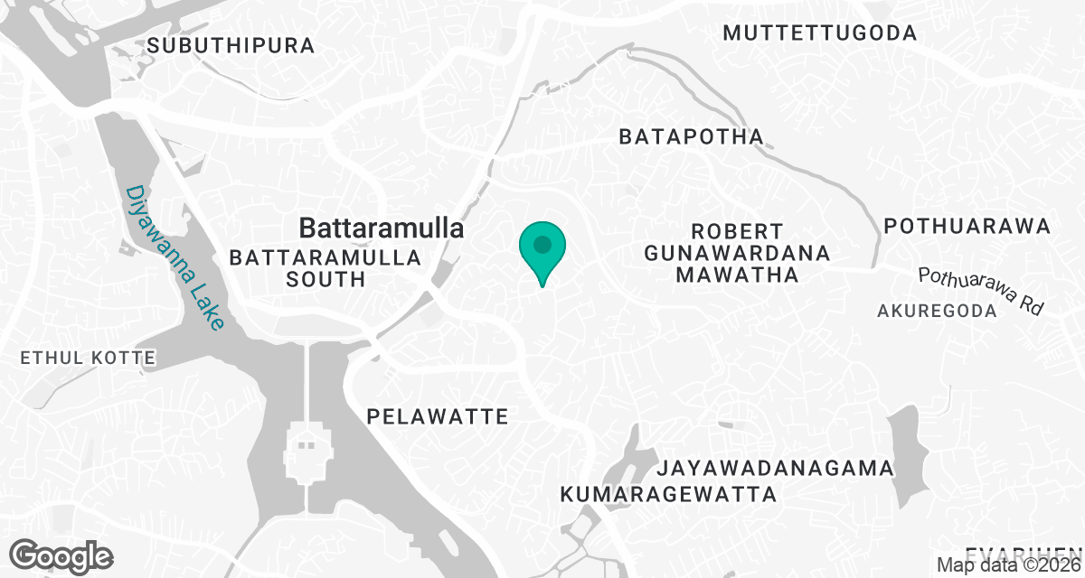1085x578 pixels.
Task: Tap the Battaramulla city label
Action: pyautogui.click(x=382, y=228)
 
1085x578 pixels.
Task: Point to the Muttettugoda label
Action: pyautogui.click(x=820, y=33)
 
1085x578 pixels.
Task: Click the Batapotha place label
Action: pyautogui.click(x=691, y=137)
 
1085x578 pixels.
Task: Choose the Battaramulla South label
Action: pyautogui.click(x=325, y=268)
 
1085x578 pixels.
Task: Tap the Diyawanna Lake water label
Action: pyautogui.click(x=175, y=258)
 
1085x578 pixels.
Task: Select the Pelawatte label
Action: pyautogui.click(x=438, y=416)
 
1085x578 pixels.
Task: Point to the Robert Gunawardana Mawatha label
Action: pyautogui.click(x=737, y=253)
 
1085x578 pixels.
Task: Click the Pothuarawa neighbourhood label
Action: pyautogui.click(x=967, y=226)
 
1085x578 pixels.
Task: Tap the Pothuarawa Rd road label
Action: pyautogui.click(x=981, y=290)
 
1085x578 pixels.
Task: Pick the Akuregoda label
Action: pyautogui.click(x=937, y=311)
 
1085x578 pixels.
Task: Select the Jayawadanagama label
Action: pyautogui.click(x=775, y=469)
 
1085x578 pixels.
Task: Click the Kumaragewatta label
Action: pyautogui.click(x=668, y=494)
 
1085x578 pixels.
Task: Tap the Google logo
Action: pyautogui.click(x=62, y=555)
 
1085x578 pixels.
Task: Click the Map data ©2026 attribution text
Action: pyautogui.click(x=1008, y=565)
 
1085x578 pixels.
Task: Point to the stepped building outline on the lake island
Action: pyautogui.click(x=308, y=451)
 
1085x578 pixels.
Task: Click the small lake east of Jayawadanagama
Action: pyautogui.click(x=907, y=456)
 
